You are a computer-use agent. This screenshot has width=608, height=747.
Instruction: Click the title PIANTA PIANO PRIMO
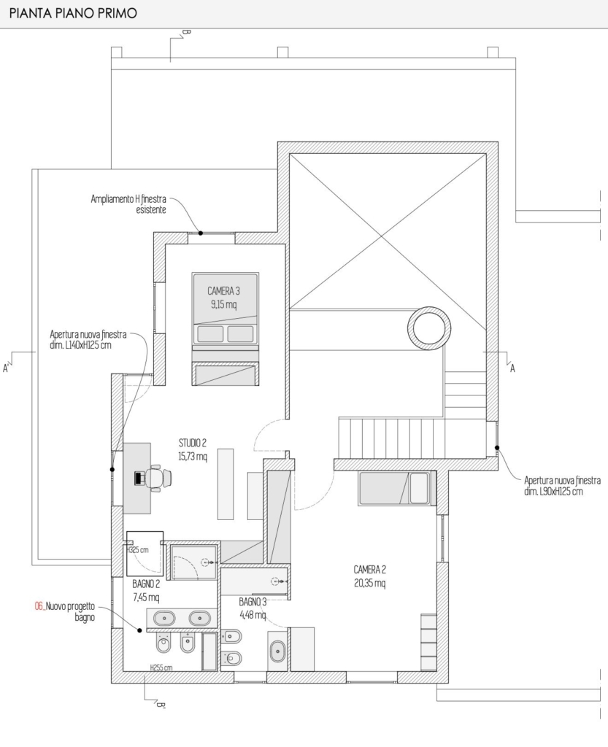(73, 13)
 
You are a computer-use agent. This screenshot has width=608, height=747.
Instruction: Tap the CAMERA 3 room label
(223, 291)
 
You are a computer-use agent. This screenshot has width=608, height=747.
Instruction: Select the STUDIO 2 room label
(193, 444)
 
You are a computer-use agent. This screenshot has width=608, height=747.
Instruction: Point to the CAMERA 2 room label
(370, 569)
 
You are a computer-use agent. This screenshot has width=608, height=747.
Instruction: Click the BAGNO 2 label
(146, 584)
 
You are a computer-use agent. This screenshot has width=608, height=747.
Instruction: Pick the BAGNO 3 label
(253, 602)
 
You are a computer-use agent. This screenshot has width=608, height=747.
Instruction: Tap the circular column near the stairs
(429, 328)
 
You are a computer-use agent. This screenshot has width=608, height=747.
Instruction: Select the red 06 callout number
(39, 606)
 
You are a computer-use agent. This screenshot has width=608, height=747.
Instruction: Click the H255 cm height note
(161, 667)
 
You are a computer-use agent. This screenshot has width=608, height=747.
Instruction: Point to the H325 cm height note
(138, 550)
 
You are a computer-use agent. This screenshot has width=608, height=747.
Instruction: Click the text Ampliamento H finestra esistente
(128, 204)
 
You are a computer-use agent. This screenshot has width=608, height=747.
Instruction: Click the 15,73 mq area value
(193, 457)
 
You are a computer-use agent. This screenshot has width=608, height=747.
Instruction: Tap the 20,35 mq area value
(370, 583)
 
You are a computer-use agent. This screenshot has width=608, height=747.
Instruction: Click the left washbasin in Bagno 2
(164, 619)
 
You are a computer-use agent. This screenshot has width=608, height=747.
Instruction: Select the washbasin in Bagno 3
(277, 651)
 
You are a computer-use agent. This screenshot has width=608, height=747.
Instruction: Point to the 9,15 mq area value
(223, 304)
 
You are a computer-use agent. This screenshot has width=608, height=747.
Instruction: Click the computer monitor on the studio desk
(139, 477)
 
